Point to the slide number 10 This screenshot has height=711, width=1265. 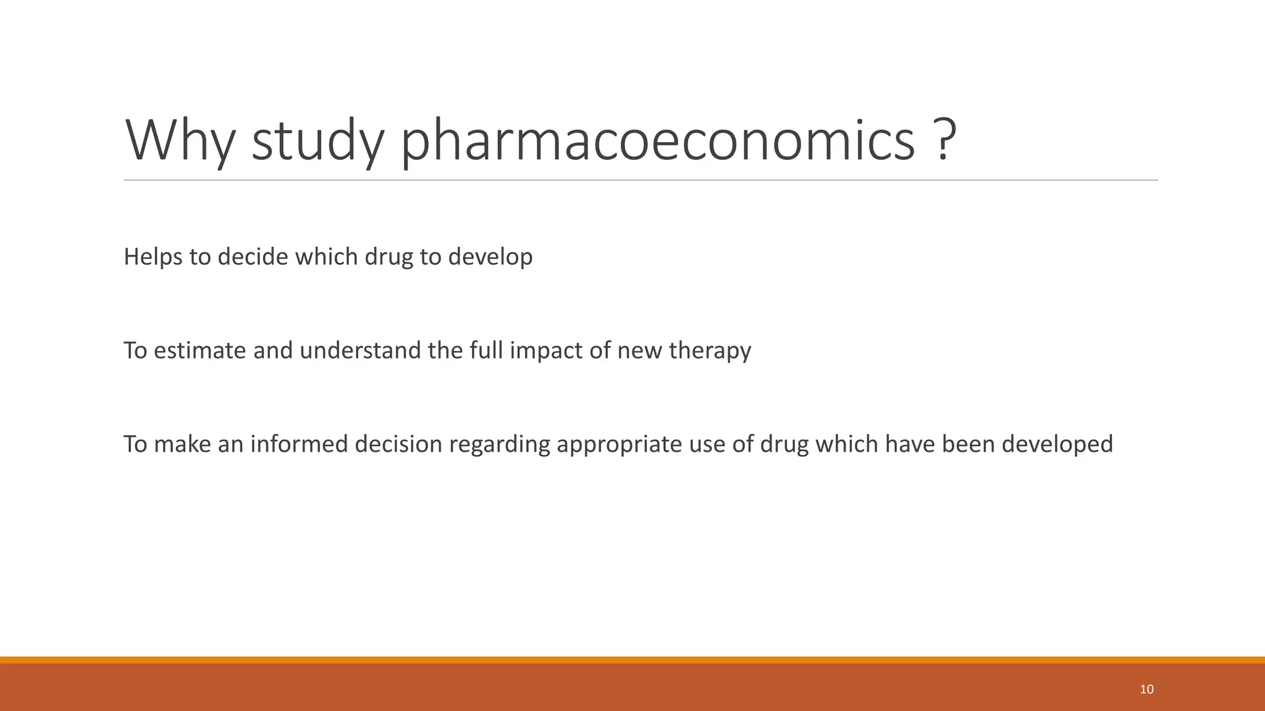coord(1146,689)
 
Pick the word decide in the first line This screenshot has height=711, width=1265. coord(253,257)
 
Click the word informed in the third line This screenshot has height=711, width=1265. coord(299,444)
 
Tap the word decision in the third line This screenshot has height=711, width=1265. coord(398,444)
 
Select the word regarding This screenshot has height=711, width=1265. coord(499,444)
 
